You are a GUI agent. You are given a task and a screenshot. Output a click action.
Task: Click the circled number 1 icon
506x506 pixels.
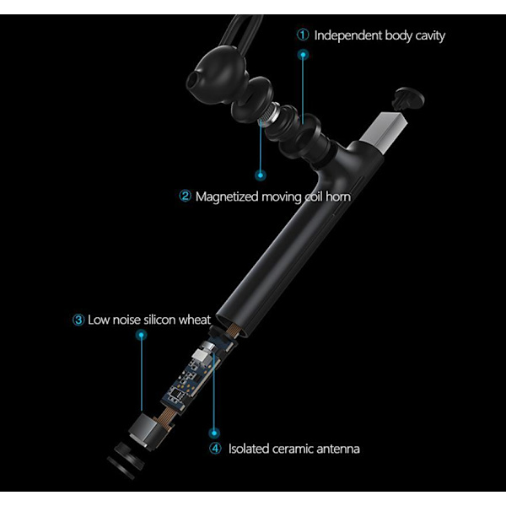pos(303,35)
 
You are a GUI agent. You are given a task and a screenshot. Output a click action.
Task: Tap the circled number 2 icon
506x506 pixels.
pos(186,196)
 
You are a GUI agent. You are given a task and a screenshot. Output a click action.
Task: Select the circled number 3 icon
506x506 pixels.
pos(78,320)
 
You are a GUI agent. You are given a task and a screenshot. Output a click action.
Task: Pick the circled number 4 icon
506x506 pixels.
pos(215,449)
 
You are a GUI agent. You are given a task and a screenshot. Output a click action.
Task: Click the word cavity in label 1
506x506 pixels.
pos(430,35)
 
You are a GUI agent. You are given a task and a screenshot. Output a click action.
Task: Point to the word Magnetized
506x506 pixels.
pos(227,196)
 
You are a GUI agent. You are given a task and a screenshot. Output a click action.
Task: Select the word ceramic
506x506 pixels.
pos(293,449)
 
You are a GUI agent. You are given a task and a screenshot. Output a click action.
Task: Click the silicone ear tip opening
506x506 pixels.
pos(192,80)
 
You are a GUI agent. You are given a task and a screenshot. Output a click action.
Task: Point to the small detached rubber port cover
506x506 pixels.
pos(408,98)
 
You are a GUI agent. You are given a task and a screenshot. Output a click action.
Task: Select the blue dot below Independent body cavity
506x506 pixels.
pos(303,55)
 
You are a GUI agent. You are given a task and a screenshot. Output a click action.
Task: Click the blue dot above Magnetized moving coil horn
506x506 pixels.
pos(261,175)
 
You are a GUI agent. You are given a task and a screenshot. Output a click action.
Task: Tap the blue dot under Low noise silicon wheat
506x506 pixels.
pos(141,335)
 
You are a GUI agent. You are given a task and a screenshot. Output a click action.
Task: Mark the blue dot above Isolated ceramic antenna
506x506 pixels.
pos(214,433)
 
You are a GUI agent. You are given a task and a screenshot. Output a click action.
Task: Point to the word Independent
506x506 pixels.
pos(347,35)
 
